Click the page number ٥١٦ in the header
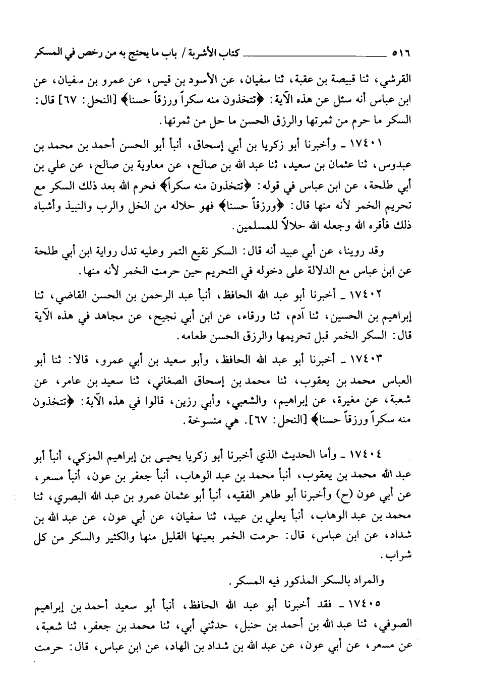coord(400,51)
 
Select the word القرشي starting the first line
coord(398,79)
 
